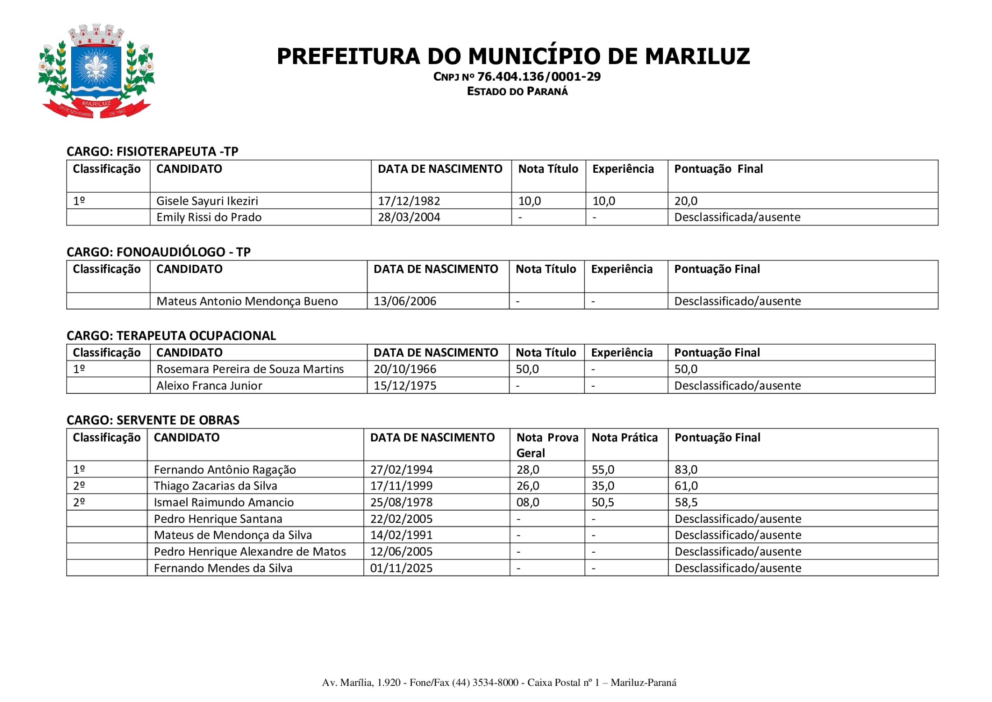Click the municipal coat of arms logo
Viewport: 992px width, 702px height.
pos(96,71)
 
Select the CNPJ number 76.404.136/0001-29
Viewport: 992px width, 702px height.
pos(538,77)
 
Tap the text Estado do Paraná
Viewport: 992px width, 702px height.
pos(517,92)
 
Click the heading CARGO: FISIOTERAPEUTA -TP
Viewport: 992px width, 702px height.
pos(152,152)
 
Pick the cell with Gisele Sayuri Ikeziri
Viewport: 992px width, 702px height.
pos(207,201)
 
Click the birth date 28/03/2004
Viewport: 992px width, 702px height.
pos(409,217)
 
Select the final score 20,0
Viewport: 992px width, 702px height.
pos(685,201)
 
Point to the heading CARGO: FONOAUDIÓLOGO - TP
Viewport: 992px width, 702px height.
pos(158,252)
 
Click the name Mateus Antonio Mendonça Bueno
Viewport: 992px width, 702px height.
pos(247,301)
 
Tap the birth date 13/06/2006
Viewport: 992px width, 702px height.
pos(404,301)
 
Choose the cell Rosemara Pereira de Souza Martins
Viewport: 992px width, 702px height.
pos(250,369)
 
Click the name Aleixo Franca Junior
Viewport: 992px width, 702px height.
pos(209,386)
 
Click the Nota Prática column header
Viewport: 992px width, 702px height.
pos(624,438)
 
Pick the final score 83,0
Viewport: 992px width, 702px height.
pos(685,470)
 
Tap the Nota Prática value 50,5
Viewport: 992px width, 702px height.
pos(602,503)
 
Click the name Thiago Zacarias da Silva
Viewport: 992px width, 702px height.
pos(215,486)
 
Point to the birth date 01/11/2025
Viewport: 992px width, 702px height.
pos(401,568)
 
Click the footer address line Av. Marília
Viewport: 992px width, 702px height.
pos(499,683)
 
